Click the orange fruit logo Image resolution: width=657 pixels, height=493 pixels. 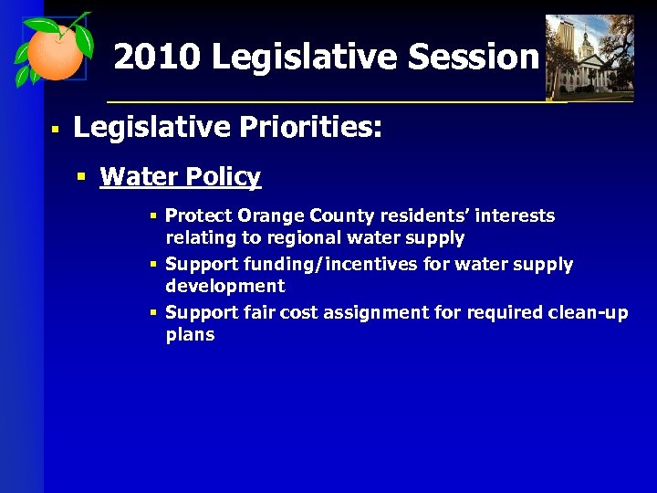[x=53, y=53]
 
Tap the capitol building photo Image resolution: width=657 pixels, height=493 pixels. [x=589, y=57]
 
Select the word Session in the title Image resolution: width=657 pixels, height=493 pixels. [x=474, y=58]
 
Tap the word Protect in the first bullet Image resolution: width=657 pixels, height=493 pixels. [x=198, y=216]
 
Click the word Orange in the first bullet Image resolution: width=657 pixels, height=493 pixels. [x=268, y=216]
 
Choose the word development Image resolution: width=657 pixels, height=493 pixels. [x=225, y=286]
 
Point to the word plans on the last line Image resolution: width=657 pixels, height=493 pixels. [x=190, y=335]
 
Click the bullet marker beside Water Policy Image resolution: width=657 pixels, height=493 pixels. [x=82, y=175]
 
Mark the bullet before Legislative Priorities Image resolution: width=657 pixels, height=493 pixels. [x=55, y=130]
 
